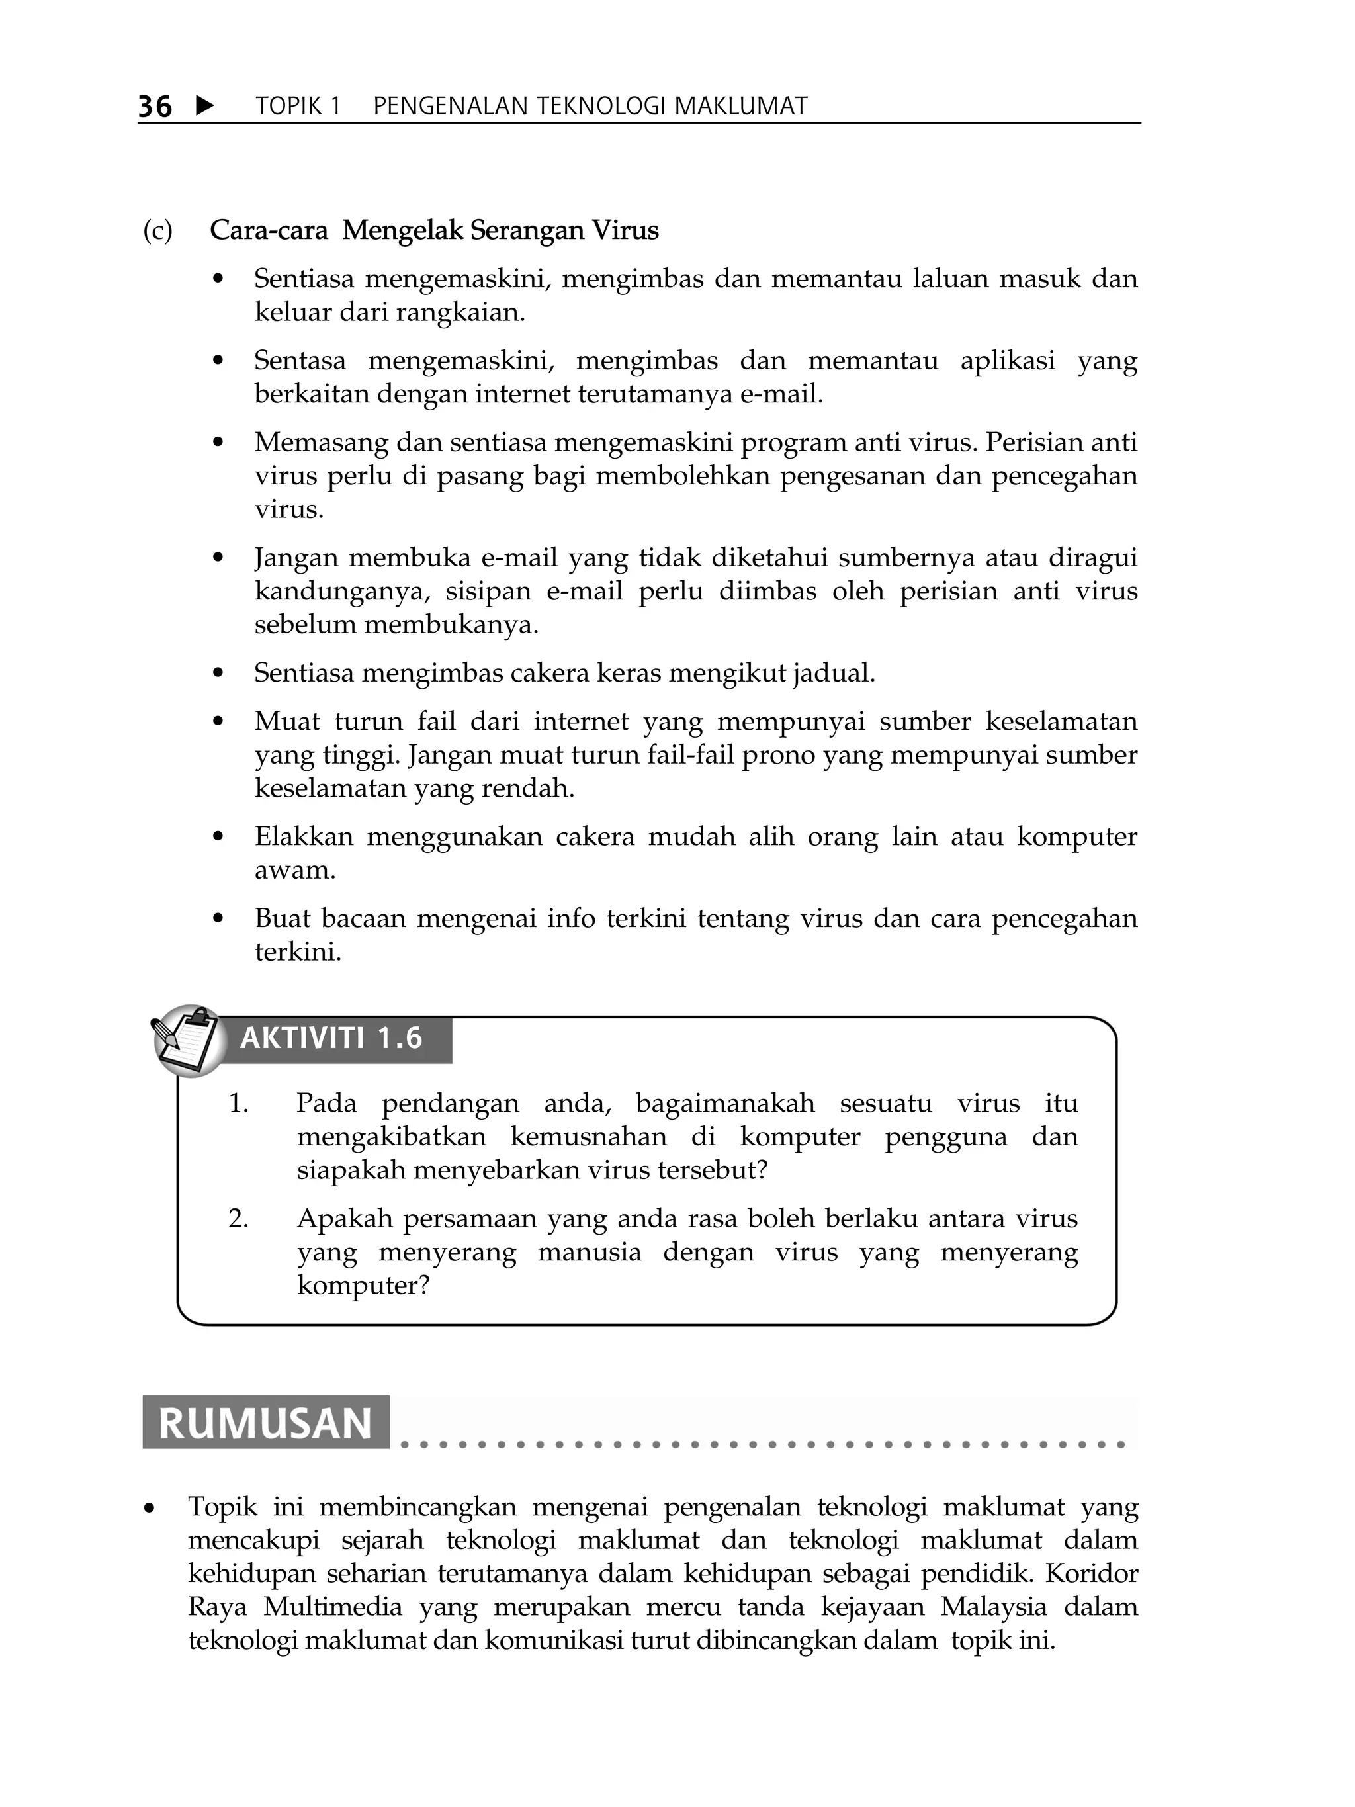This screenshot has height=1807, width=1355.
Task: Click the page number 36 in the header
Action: [154, 107]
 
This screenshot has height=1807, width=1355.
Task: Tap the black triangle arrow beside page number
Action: [206, 105]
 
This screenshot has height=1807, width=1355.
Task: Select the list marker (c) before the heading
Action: [157, 231]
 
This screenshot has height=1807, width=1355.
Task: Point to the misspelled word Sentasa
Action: [300, 360]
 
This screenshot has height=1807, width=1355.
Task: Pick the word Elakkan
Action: [304, 836]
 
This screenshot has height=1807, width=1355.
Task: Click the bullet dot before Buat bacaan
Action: [217, 919]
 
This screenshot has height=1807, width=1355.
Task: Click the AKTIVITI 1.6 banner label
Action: [331, 1038]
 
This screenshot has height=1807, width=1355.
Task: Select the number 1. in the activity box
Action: [238, 1104]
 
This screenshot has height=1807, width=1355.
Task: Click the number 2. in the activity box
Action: [238, 1219]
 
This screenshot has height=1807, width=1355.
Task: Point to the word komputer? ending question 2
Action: [363, 1286]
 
